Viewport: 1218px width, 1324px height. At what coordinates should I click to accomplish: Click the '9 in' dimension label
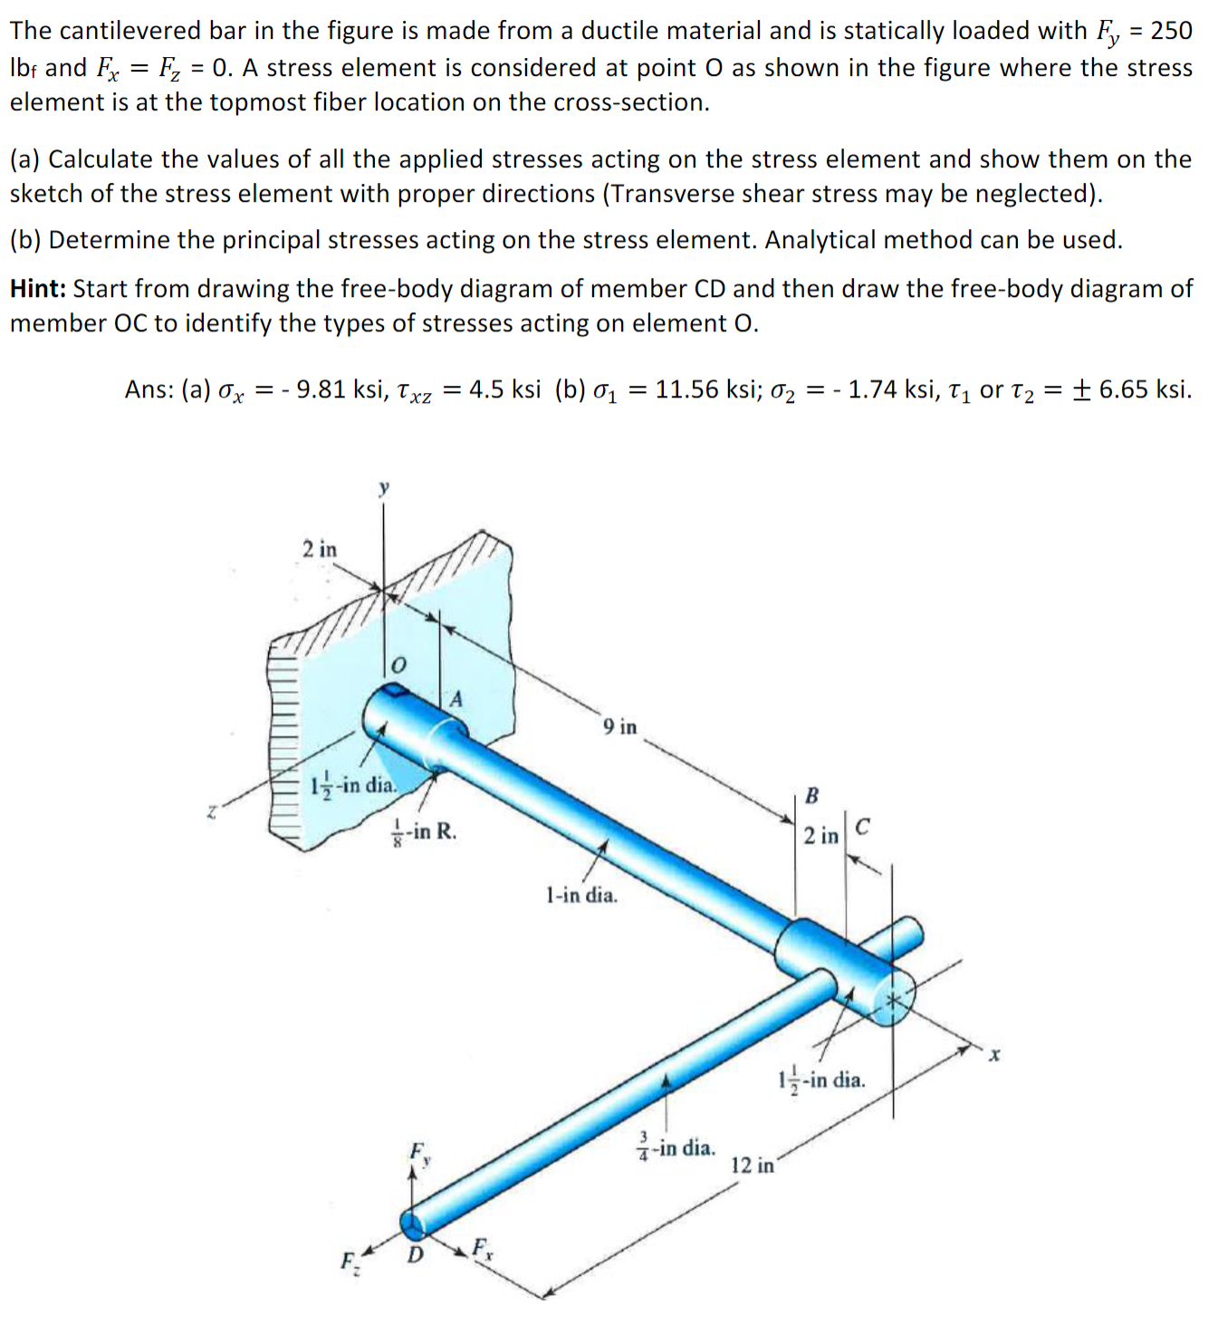(619, 726)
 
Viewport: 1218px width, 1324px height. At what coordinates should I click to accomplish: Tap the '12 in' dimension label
(753, 1165)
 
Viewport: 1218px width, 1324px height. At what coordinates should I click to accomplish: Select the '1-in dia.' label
(581, 896)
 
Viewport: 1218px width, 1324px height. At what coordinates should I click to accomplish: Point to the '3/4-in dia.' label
(676, 1148)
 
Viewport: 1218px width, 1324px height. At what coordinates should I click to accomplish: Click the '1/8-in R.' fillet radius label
(424, 830)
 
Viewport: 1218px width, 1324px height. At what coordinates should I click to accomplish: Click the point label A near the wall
(456, 698)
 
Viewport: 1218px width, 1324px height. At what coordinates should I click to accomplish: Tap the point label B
(811, 796)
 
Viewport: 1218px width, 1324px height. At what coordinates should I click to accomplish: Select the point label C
(862, 827)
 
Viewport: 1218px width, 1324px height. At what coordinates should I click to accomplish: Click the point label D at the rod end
(415, 1254)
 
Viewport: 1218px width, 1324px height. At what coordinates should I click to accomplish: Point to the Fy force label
(419, 1153)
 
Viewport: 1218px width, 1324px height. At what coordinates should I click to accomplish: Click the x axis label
(994, 1055)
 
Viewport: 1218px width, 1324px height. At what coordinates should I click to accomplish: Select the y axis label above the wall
(384, 488)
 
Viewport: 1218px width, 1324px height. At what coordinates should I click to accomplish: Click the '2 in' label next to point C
(820, 835)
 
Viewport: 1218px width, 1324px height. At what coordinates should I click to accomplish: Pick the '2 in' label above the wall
(319, 549)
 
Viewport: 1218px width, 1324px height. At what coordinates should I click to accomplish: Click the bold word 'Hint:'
(38, 289)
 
